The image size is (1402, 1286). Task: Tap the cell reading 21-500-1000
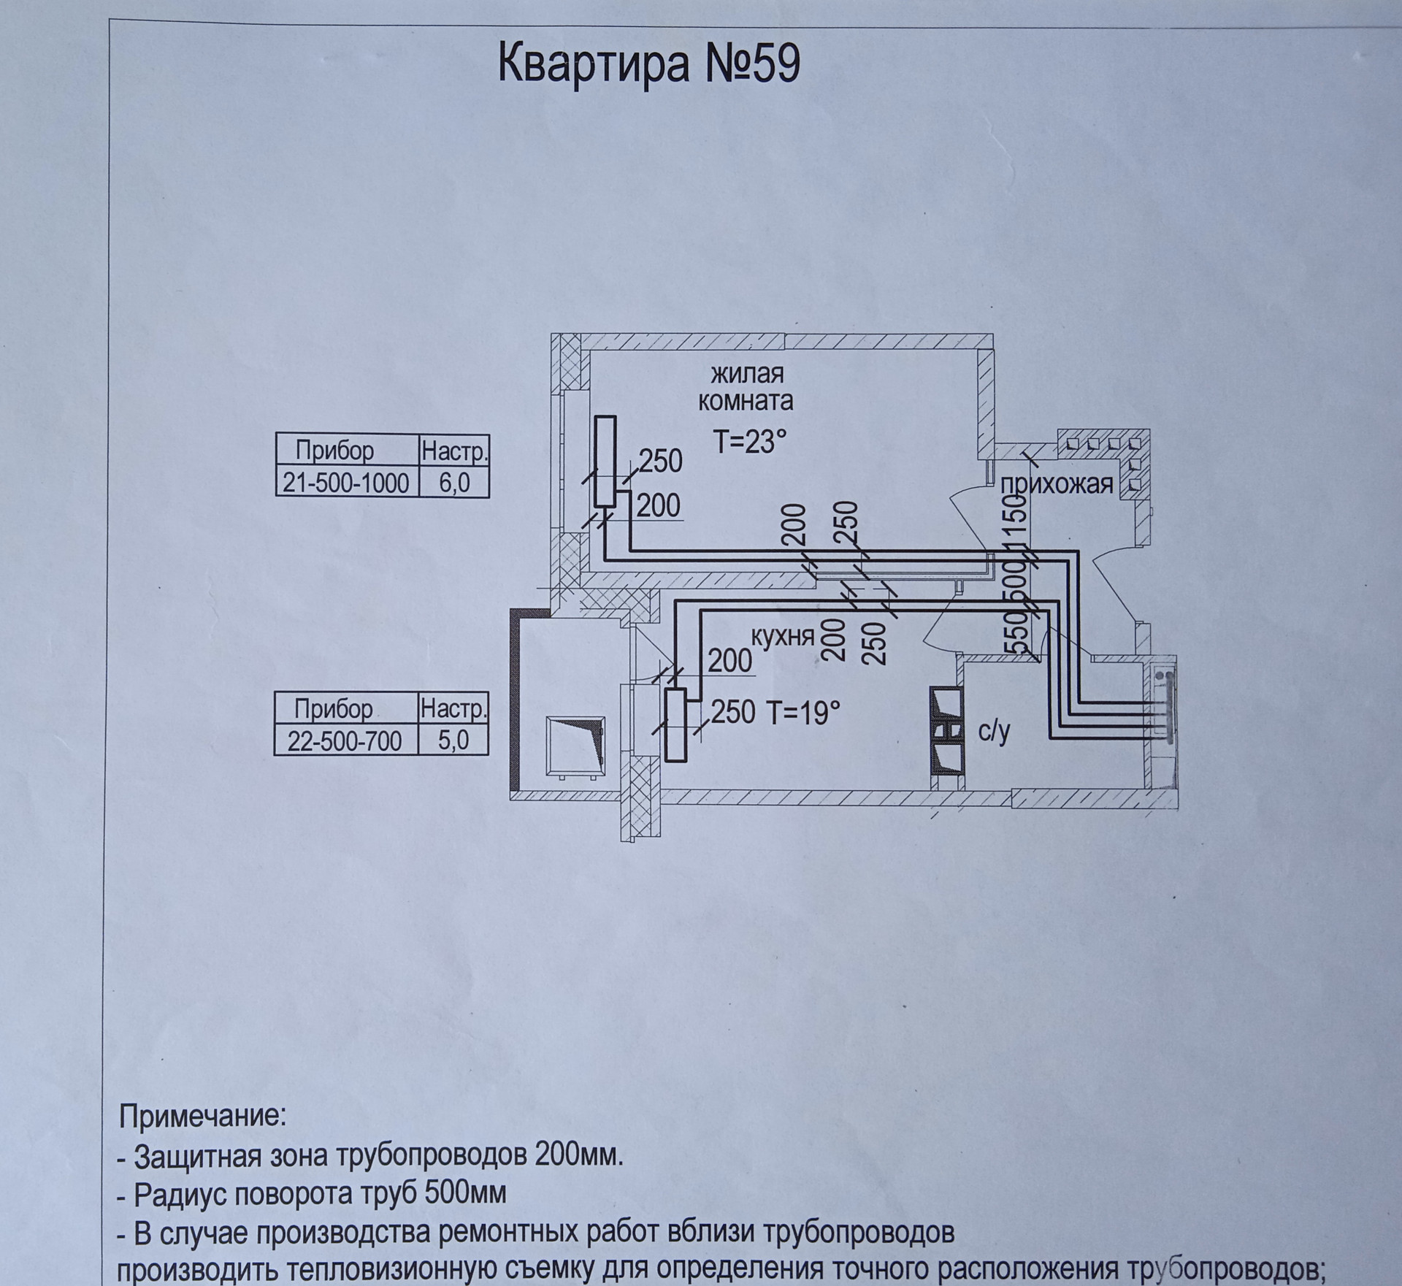tap(346, 483)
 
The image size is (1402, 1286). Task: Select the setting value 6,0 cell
tap(454, 483)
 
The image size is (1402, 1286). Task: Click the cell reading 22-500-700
tap(344, 740)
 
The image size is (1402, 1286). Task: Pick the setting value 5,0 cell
tap(453, 740)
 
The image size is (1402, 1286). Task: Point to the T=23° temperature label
tap(750, 442)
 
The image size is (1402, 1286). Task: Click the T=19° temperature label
tap(803, 711)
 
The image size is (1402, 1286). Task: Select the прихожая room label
tap(1057, 483)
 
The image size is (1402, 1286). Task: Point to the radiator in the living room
tap(605, 461)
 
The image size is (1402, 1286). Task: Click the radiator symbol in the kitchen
tap(675, 725)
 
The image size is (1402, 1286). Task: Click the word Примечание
tap(203, 1137)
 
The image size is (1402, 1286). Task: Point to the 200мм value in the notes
tap(578, 1176)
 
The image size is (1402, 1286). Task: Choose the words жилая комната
tap(746, 387)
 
